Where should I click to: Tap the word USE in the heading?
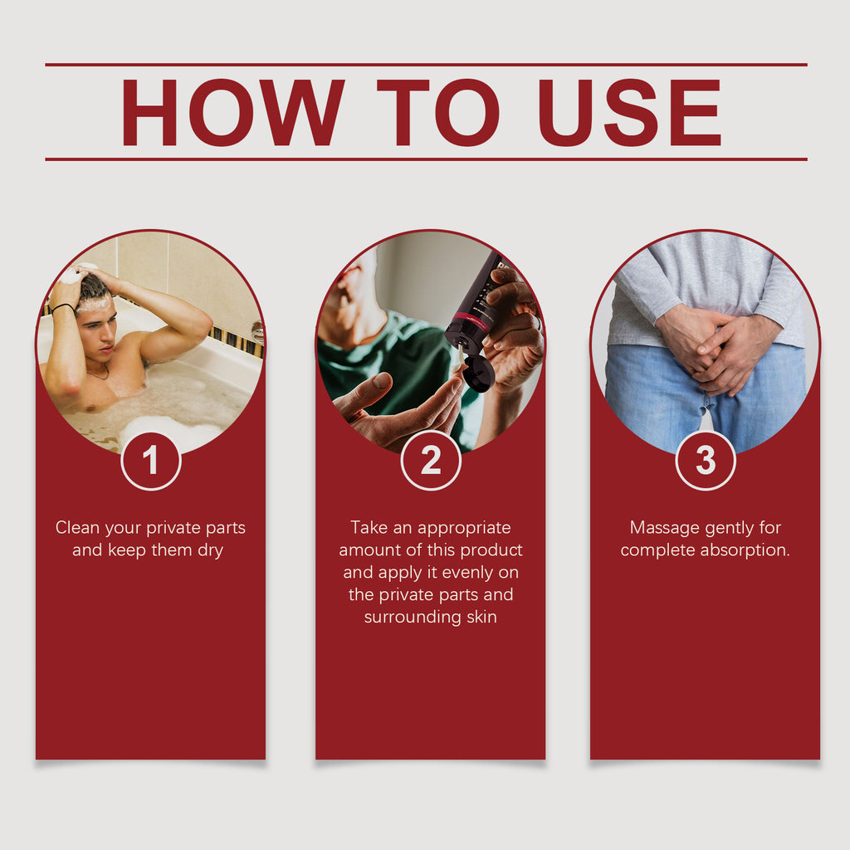[629, 112]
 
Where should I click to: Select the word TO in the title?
[438, 112]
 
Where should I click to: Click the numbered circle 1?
[151, 461]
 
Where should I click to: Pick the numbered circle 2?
[431, 461]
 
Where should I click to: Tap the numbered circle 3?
[706, 461]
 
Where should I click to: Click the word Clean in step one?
[77, 527]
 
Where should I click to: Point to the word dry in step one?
[210, 551]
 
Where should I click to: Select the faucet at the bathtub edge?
[258, 332]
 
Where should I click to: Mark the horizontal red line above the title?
[426, 65]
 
